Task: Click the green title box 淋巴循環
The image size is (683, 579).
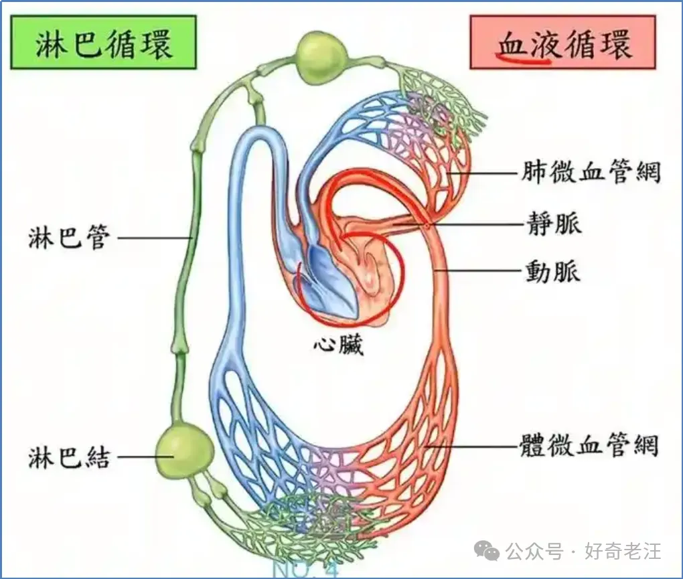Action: (104, 42)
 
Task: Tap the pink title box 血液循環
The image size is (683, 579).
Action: (562, 42)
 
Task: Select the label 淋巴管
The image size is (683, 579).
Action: (68, 237)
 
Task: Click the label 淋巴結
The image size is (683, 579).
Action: (68, 457)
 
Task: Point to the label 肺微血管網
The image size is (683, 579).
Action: (591, 173)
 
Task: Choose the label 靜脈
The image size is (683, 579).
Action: (554, 224)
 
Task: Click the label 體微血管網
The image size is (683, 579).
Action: (589, 446)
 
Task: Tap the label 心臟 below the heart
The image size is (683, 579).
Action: (338, 345)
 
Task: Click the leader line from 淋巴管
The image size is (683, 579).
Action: (155, 238)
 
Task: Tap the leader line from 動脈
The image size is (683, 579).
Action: (479, 270)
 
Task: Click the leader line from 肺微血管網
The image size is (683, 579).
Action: (484, 173)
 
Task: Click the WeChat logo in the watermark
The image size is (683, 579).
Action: (487, 551)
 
